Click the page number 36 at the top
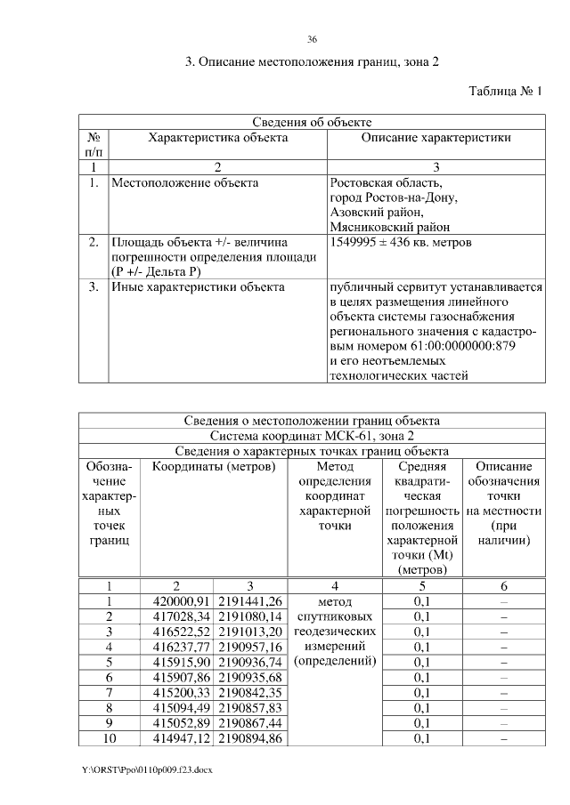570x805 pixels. click(x=312, y=40)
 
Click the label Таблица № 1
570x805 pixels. click(x=505, y=91)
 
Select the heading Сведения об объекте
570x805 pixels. click(x=312, y=122)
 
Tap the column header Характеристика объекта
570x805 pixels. click(x=217, y=138)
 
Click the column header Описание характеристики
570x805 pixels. click(x=436, y=138)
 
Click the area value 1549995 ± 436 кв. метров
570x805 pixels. click(x=401, y=242)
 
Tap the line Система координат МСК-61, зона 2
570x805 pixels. click(x=312, y=436)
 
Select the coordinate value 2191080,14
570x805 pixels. click(x=249, y=616)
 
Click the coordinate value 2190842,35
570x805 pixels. click(x=249, y=692)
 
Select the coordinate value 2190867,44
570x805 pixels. click(x=249, y=723)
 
